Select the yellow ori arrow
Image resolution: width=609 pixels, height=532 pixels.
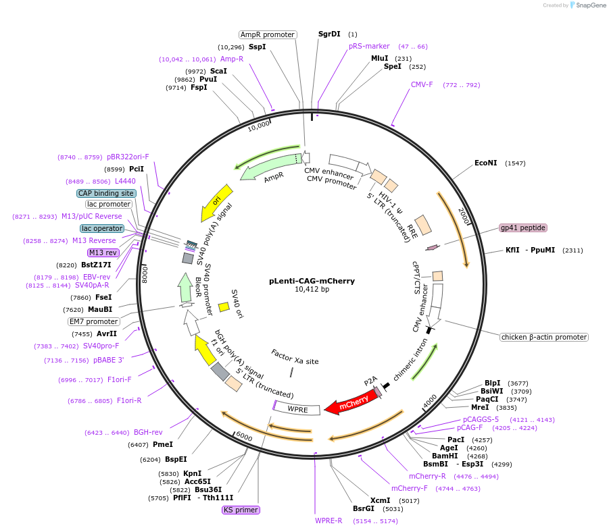(x=216, y=203)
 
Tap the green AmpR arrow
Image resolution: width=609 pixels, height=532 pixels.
(x=270, y=167)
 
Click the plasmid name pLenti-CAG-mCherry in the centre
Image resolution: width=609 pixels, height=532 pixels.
(x=312, y=281)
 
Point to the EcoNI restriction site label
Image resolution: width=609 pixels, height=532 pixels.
(x=485, y=163)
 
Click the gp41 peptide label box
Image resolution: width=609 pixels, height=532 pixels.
(x=522, y=228)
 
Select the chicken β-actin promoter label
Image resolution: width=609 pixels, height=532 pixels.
(x=543, y=337)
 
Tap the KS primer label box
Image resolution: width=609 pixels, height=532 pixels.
(x=241, y=510)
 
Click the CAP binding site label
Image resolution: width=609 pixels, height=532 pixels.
(x=105, y=193)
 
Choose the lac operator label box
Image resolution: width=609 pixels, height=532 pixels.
(x=102, y=229)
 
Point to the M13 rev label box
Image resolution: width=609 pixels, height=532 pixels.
(x=103, y=252)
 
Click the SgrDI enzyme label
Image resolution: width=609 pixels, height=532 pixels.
(x=329, y=34)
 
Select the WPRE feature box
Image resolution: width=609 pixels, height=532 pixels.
(x=297, y=408)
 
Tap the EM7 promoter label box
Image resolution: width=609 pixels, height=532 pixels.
(x=93, y=321)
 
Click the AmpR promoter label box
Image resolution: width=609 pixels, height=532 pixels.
(x=268, y=34)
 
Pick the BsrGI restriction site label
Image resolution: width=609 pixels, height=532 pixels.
(x=364, y=509)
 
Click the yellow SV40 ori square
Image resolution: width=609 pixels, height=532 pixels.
(x=224, y=307)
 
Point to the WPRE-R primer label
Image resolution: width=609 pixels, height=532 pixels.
(x=328, y=521)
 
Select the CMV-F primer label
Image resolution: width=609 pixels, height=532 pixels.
(x=422, y=84)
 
